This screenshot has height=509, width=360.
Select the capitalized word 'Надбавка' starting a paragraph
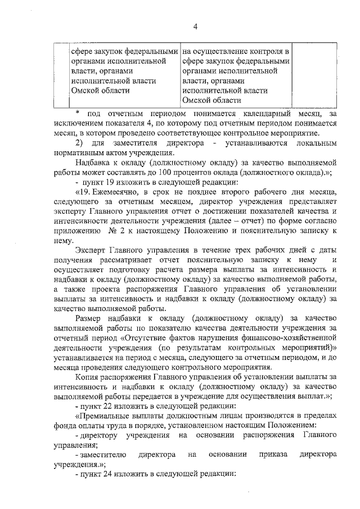point(93,163)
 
